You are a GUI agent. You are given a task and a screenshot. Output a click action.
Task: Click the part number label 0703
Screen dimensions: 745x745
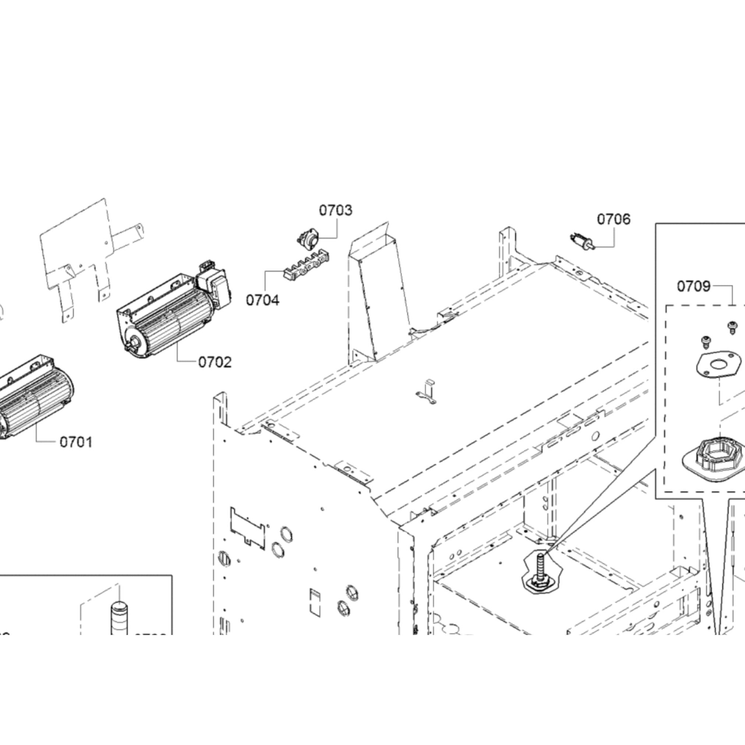coord(335,211)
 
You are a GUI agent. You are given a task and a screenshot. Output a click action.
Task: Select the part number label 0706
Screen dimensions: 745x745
coord(614,219)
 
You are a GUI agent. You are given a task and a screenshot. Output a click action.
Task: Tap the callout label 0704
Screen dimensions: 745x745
coord(262,300)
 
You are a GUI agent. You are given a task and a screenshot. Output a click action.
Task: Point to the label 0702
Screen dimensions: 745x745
coord(215,362)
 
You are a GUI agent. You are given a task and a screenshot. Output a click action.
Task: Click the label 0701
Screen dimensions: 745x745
coord(76,442)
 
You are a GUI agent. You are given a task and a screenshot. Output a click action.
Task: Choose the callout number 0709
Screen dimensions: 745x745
coord(694,286)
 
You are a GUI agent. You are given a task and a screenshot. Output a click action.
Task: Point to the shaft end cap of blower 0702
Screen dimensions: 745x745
coord(135,342)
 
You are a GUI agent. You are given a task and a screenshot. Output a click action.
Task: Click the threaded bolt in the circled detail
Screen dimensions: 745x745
coord(540,567)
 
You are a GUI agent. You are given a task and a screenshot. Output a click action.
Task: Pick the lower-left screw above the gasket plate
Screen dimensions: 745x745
coord(706,340)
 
